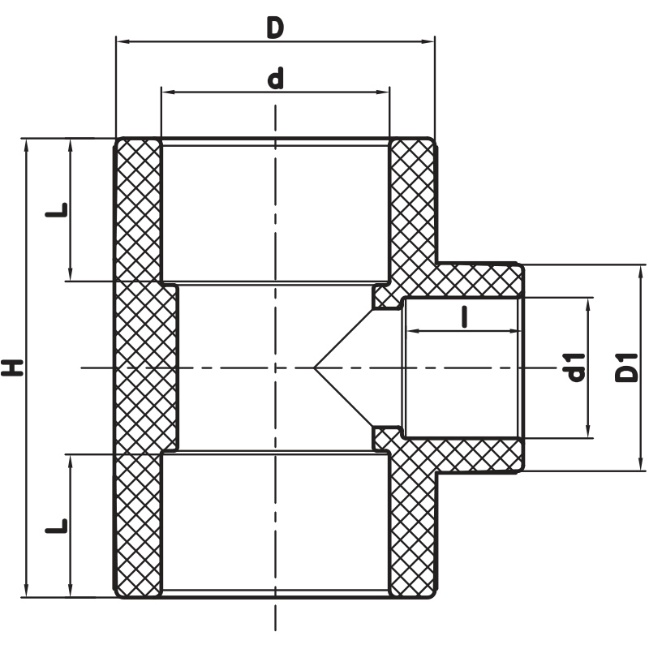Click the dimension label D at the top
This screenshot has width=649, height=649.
[x=275, y=28]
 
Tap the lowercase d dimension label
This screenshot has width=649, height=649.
[x=276, y=79]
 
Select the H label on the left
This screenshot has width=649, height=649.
[x=12, y=368]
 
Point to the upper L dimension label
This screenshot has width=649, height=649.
[x=56, y=210]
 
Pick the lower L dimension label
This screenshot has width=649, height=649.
[x=56, y=525]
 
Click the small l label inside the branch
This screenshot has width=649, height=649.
[x=464, y=317]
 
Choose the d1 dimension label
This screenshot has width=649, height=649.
[x=576, y=367]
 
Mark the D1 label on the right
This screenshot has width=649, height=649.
[x=627, y=367]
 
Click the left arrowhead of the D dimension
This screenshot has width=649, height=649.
[x=123, y=41]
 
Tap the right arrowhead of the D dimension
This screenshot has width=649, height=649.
[x=428, y=41]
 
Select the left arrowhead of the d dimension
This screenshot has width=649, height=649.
[x=168, y=92]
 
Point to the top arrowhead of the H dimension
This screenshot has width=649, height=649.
[x=27, y=146]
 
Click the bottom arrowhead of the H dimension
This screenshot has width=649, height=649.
[x=27, y=590]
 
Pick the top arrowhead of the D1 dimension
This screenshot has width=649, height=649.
[x=641, y=272]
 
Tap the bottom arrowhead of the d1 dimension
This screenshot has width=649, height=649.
[x=588, y=430]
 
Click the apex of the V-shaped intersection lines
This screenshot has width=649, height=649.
[x=315, y=367]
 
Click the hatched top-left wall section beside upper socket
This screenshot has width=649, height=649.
[x=138, y=210]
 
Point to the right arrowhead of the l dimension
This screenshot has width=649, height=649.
[x=512, y=331]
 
